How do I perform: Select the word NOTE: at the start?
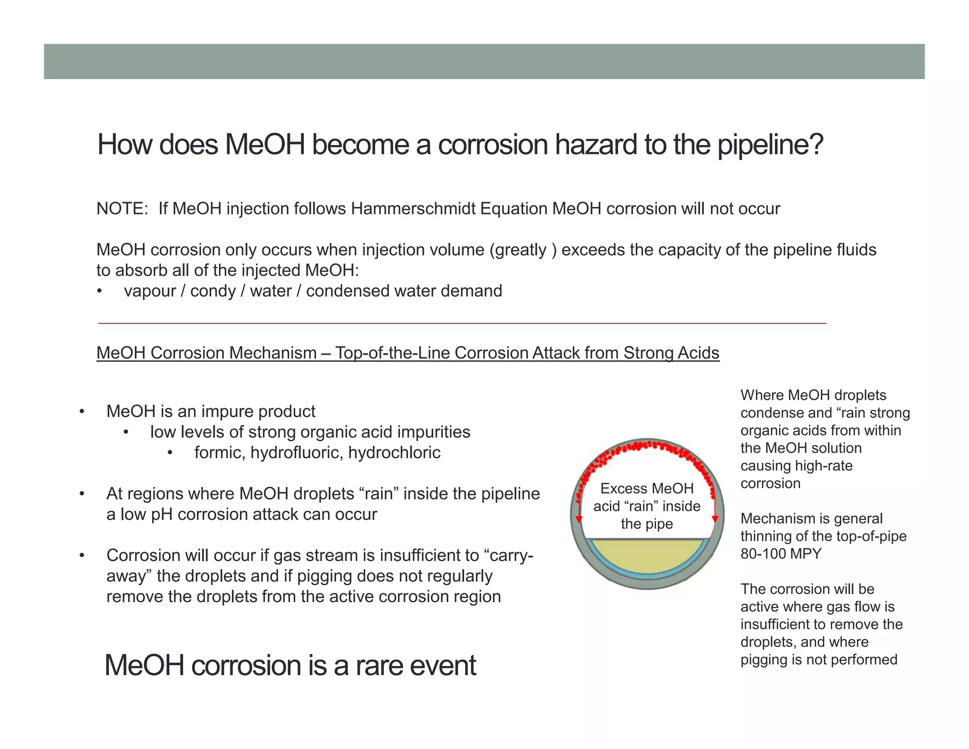click(x=123, y=208)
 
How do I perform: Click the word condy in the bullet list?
click(x=212, y=291)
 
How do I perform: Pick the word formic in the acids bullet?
click(x=220, y=453)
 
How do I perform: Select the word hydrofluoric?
click(x=297, y=453)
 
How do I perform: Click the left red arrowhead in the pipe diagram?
click(x=579, y=519)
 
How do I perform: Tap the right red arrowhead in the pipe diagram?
click(x=715, y=519)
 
